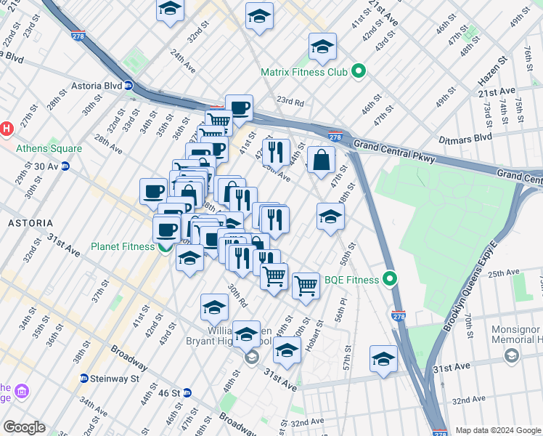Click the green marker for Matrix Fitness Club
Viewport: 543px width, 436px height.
358,71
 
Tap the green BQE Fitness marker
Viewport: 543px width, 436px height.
391,279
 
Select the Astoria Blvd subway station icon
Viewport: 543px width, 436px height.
128,85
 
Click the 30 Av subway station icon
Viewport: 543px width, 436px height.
65,166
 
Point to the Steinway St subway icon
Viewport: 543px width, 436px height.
84,379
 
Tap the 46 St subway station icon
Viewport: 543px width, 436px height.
187,393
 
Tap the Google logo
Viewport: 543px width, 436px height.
24,427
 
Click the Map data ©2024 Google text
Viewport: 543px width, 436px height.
498,430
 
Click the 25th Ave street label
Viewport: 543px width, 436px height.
504,274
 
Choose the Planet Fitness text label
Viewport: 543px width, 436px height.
122,246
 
